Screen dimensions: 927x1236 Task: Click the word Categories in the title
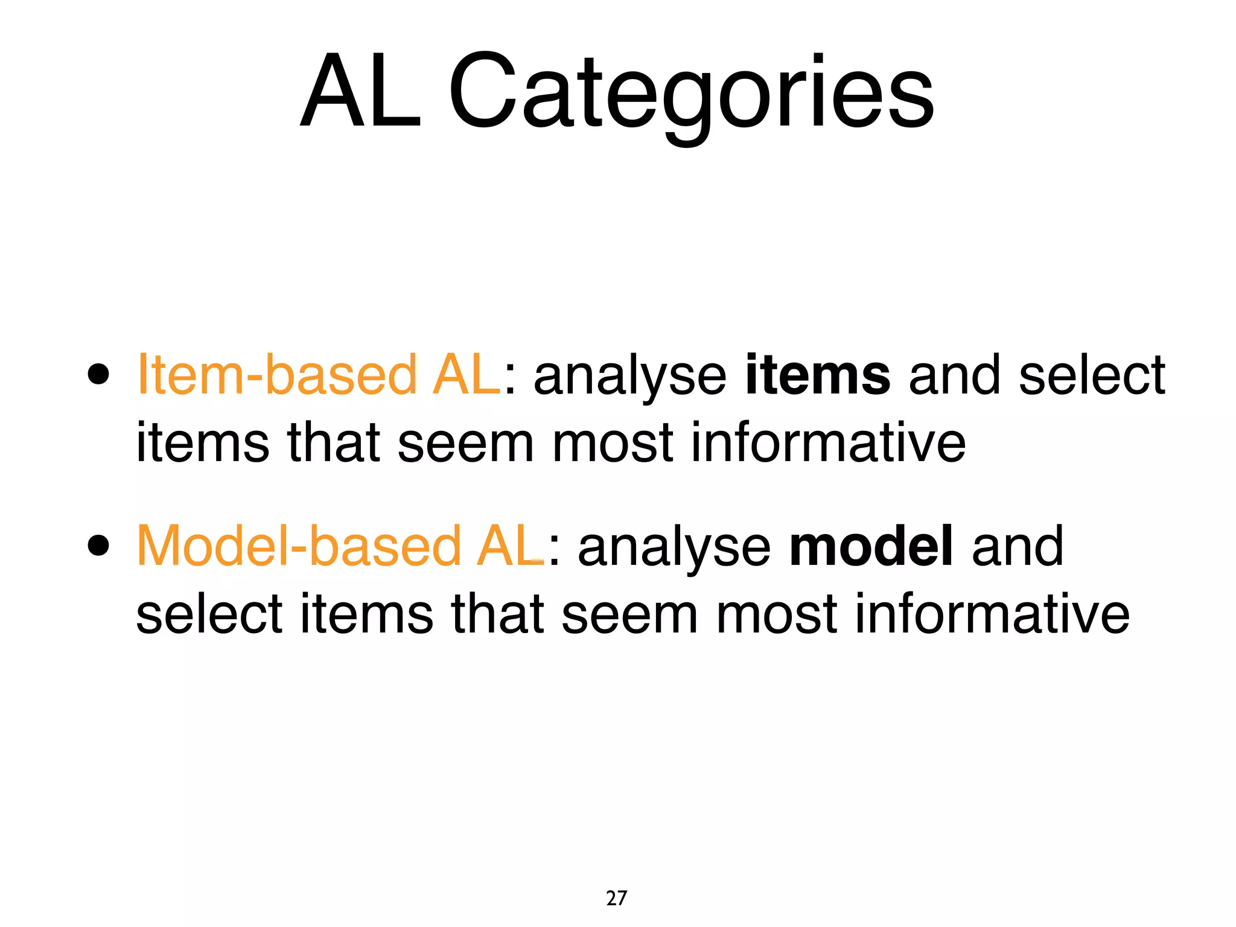tap(691, 94)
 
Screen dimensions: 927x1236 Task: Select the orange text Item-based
tap(277, 375)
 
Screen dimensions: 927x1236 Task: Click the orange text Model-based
tap(299, 546)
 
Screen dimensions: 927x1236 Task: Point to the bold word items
tap(817, 375)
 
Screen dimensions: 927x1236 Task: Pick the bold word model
tap(871, 546)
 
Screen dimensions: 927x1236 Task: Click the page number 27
tap(616, 898)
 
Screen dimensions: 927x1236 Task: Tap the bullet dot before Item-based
tap(98, 374)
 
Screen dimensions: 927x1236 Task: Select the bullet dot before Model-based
tap(98, 546)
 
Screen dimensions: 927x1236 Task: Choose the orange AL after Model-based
tap(510, 546)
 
